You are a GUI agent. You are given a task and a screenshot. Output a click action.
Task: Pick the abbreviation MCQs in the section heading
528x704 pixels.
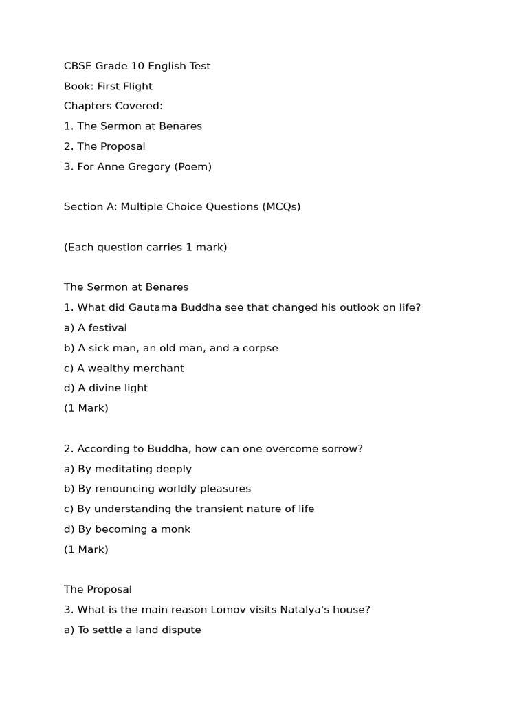pos(280,206)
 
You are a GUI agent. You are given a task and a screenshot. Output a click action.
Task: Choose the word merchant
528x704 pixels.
pos(157,368)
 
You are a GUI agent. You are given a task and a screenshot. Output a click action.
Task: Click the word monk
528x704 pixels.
pos(177,529)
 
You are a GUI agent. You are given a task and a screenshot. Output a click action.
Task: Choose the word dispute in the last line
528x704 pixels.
pos(181,630)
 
